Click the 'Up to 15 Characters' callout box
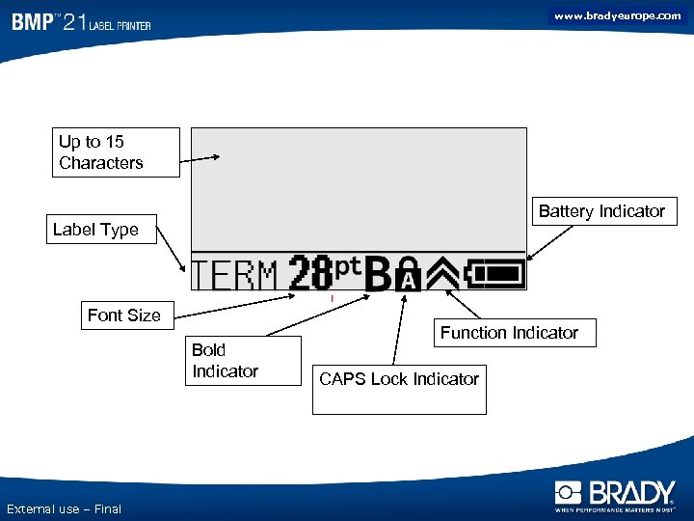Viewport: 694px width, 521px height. [x=117, y=152]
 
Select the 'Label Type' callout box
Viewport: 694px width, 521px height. [x=100, y=230]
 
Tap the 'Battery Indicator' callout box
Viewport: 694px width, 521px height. [x=601, y=211]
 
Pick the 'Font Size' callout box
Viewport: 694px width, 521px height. [x=124, y=315]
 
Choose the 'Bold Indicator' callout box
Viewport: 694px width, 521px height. [x=246, y=360]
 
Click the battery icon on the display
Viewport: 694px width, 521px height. [x=495, y=274]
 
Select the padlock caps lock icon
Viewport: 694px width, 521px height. [x=409, y=274]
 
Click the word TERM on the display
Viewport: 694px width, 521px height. [x=235, y=275]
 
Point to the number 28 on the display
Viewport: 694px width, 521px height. [x=311, y=273]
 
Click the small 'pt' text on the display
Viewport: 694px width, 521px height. [x=348, y=264]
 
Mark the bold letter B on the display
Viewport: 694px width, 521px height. [x=380, y=274]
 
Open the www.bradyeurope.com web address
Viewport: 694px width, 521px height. [x=617, y=15]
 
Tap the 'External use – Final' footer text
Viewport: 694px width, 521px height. [x=64, y=508]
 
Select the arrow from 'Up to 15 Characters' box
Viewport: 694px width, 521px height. [x=201, y=157]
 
